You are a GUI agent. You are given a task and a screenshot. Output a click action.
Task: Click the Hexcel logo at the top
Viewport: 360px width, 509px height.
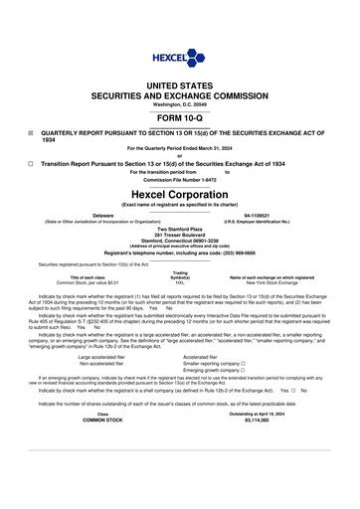(x=179, y=58)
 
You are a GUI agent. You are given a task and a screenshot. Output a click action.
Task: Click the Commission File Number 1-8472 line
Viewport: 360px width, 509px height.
(x=179, y=179)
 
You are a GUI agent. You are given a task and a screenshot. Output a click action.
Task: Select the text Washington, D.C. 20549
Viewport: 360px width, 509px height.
(x=179, y=104)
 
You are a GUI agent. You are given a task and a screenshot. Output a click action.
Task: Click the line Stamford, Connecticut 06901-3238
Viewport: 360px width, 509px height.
(x=180, y=240)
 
